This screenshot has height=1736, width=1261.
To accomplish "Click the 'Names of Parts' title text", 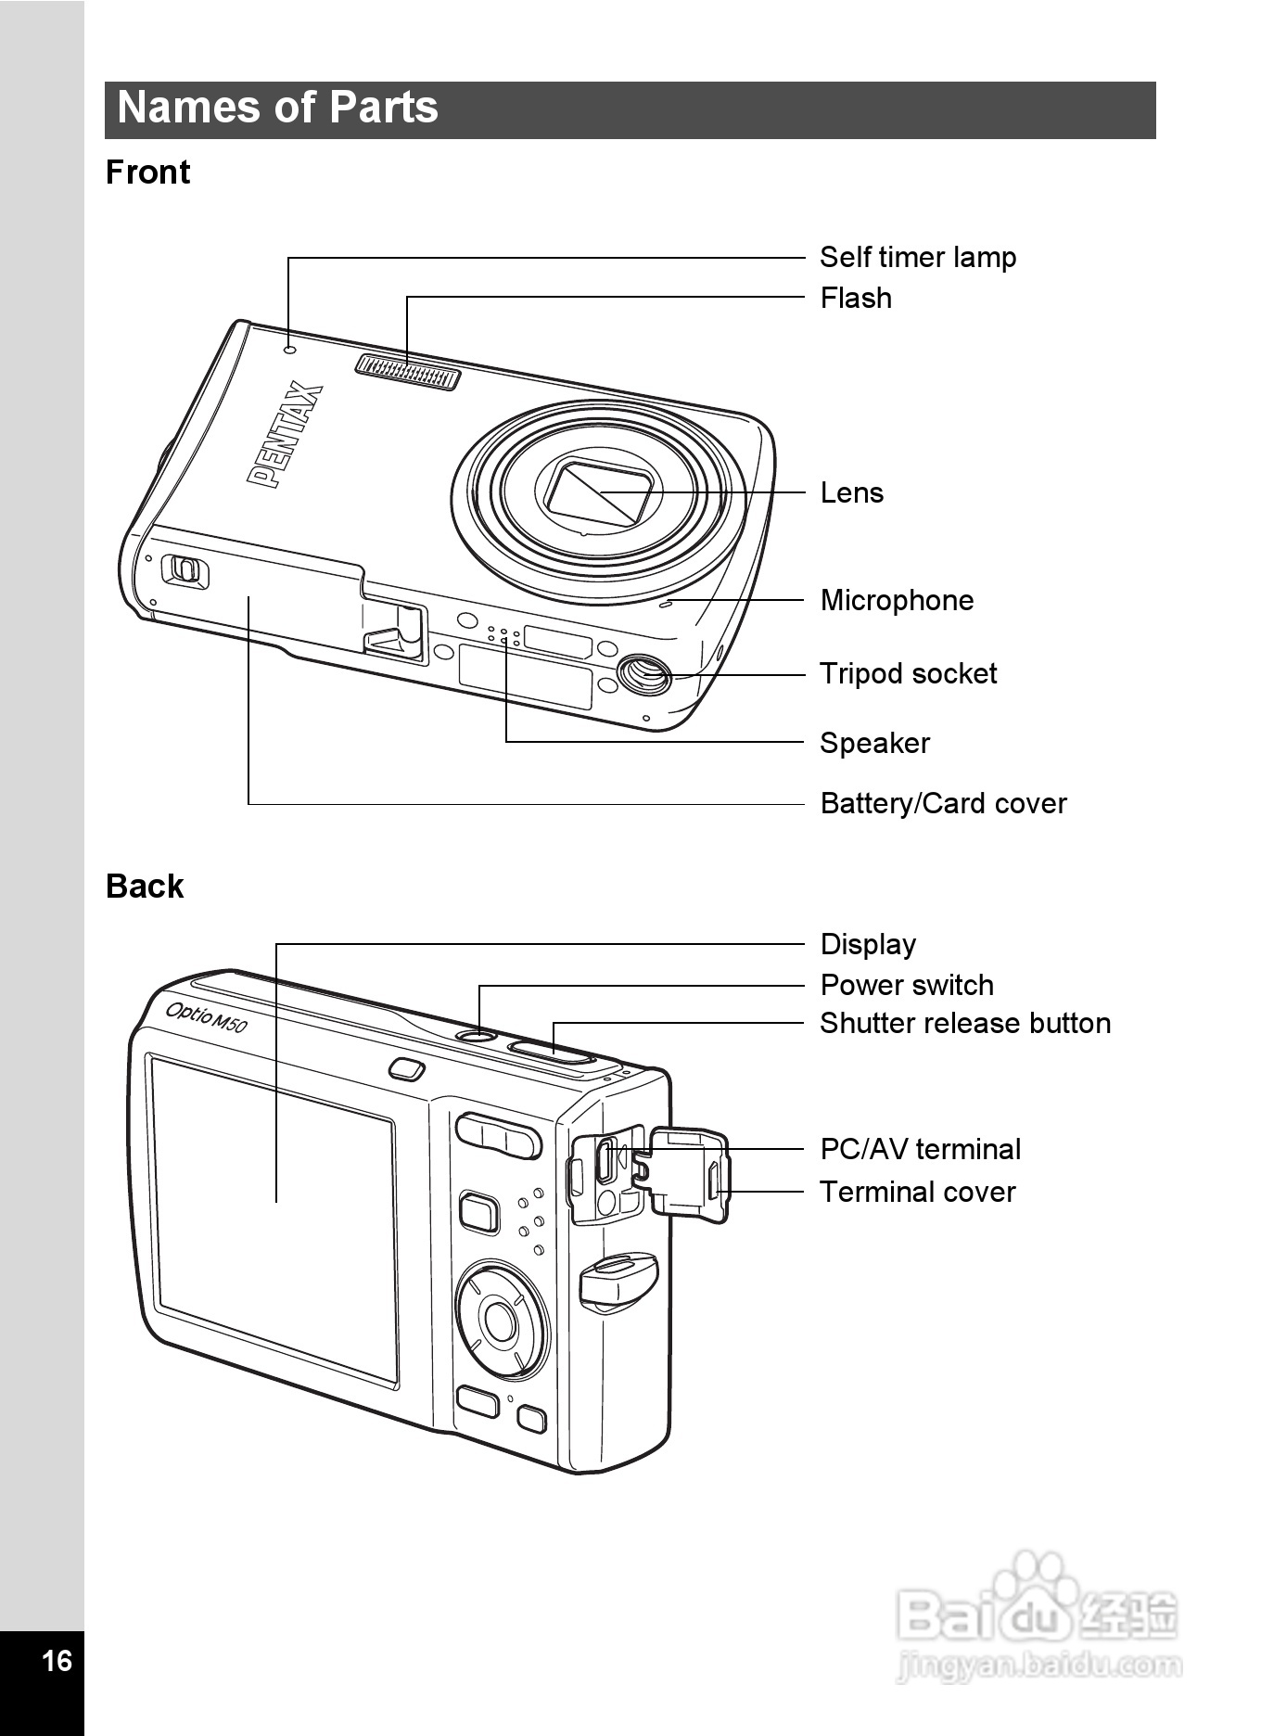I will [277, 108].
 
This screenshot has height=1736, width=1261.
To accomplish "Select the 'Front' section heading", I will [147, 172].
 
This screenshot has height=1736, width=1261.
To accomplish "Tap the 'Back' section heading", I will [145, 887].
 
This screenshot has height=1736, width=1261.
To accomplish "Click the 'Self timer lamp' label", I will [917, 257].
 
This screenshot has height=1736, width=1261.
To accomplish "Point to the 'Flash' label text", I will [856, 298].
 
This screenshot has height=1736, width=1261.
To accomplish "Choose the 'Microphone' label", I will [897, 600].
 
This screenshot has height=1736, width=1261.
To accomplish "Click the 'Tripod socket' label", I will [908, 673].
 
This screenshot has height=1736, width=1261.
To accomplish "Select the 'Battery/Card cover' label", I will [943, 803].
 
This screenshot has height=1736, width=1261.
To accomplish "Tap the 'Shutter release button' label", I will [964, 1023].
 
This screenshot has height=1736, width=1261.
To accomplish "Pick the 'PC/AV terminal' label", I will [920, 1149].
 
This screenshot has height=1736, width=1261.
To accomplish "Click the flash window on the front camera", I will [408, 372].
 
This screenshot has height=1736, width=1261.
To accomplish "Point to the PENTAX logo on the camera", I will [286, 435].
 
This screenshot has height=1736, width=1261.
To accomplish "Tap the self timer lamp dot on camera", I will [289, 350].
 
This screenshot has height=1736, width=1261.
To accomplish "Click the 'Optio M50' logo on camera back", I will [206, 1015].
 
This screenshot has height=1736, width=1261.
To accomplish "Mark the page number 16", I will [57, 1659].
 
